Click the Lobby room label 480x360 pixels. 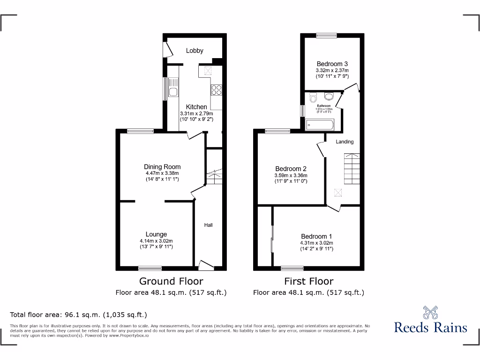194,51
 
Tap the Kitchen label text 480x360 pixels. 196,107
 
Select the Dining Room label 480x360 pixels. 162,166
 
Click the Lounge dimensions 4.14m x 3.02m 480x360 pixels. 156,241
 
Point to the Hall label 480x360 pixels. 208,225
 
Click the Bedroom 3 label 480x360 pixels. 332,64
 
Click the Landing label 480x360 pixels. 345,142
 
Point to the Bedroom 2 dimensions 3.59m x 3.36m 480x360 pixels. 291,176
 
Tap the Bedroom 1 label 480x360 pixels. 316,236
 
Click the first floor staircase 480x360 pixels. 352,168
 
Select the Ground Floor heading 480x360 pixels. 171,281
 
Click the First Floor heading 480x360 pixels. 308,281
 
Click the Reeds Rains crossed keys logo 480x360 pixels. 430,313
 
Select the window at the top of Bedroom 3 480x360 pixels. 326,35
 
